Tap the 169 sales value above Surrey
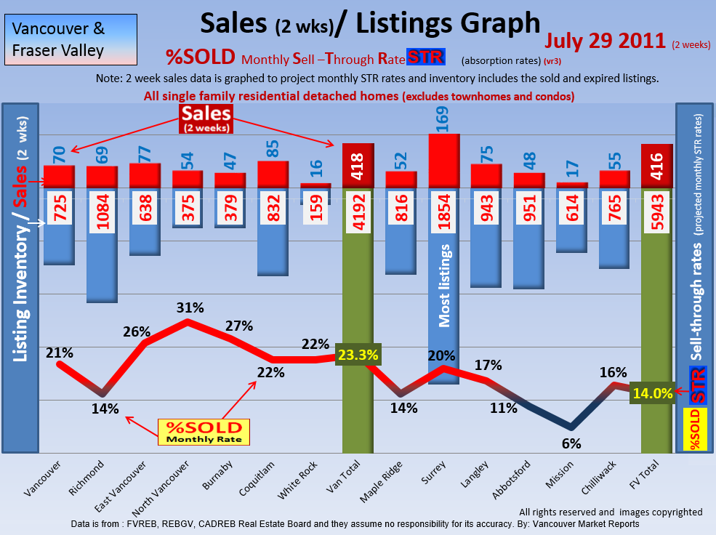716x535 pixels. coord(443,118)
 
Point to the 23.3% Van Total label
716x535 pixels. coord(358,355)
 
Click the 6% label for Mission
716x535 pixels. coord(571,443)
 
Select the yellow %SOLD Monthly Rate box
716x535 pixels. coord(204,432)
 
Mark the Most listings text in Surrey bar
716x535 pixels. coord(446,286)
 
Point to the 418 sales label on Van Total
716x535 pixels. coord(358,168)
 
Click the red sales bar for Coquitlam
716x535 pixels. coord(273,174)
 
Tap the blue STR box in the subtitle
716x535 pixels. coord(426,57)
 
